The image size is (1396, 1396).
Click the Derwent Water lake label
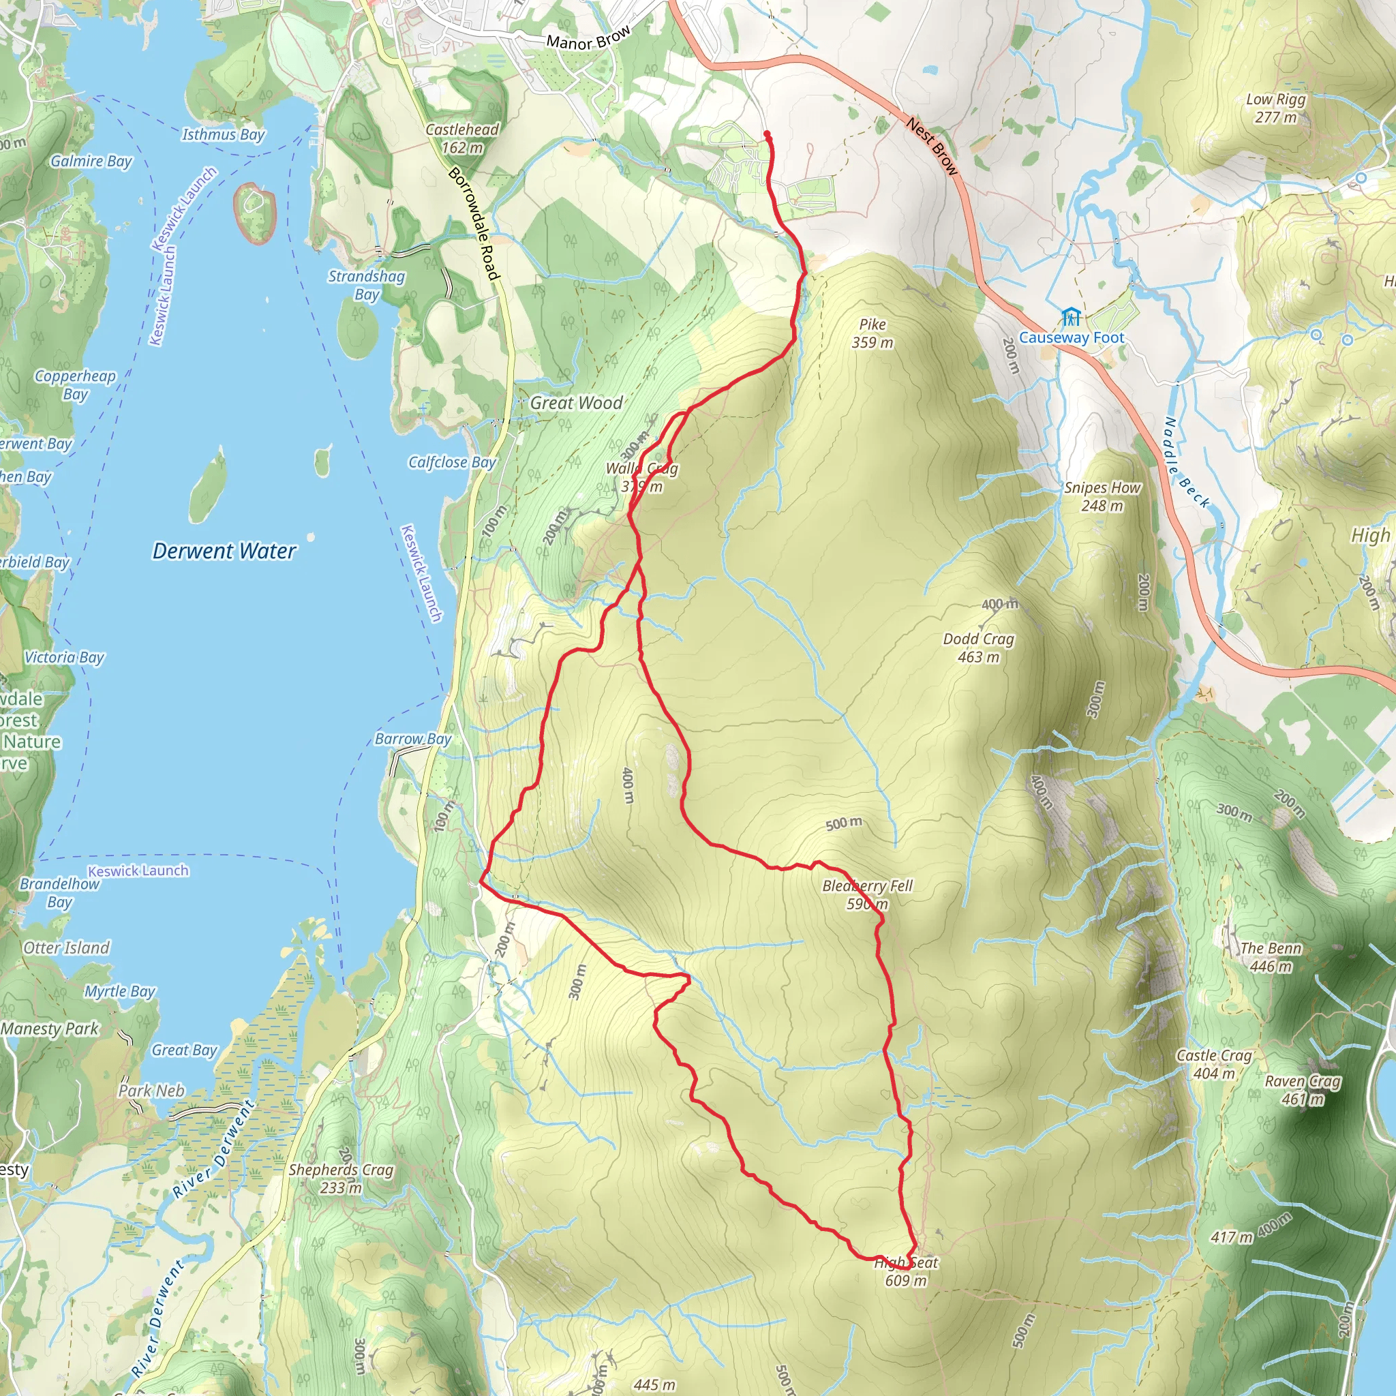coord(224,551)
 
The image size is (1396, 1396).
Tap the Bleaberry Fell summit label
coord(867,894)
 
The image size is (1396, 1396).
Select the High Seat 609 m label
coord(906,1272)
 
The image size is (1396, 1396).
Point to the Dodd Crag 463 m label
coord(978,648)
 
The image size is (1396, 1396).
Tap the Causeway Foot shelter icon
coord(1071,317)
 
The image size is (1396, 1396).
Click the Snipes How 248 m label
coord(1102,497)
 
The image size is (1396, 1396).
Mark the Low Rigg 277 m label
coord(1275,108)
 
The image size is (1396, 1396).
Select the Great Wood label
coord(576,404)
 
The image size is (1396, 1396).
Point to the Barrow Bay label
coord(412,739)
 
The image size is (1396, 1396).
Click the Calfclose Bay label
coord(452,462)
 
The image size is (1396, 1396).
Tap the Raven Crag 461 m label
coord(1302,1091)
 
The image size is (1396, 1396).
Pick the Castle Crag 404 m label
coord(1214,1064)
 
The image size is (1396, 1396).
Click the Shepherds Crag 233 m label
coord(341,1179)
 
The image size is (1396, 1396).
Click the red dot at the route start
coord(767,134)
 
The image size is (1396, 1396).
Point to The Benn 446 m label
coord(1271,956)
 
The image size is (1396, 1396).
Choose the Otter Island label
coord(67,948)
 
